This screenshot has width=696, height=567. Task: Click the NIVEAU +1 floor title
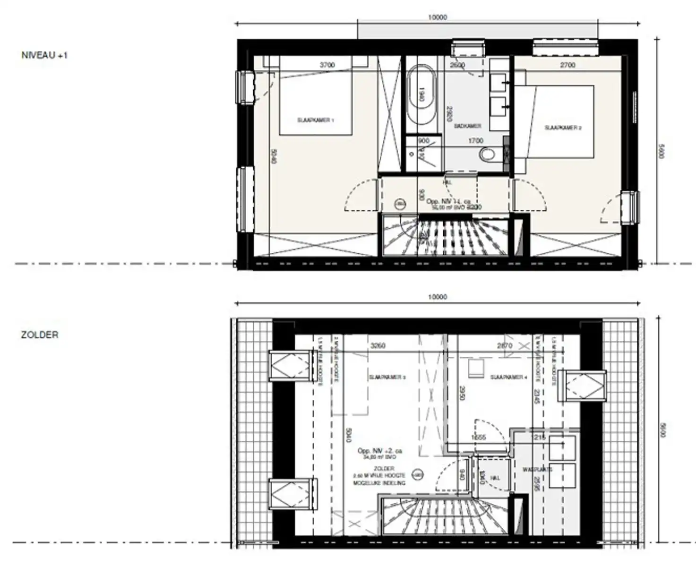[44, 55]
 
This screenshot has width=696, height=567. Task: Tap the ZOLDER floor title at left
[40, 335]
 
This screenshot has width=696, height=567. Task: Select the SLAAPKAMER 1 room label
[316, 120]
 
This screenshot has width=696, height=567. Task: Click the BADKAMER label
[467, 126]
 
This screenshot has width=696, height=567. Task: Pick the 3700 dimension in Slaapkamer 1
[327, 65]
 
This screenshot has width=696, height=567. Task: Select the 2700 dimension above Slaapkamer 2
[567, 65]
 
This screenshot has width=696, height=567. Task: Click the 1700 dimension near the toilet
[475, 140]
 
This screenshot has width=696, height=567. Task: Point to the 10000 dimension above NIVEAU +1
[437, 17]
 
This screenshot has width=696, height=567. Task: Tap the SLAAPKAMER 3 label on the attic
[387, 377]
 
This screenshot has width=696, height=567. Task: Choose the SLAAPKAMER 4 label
[508, 377]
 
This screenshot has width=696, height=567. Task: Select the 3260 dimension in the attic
[378, 345]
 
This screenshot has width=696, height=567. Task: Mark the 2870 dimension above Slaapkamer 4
[505, 345]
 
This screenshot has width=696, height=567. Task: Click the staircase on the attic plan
[430, 515]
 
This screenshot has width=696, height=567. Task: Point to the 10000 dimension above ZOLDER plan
[437, 297]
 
